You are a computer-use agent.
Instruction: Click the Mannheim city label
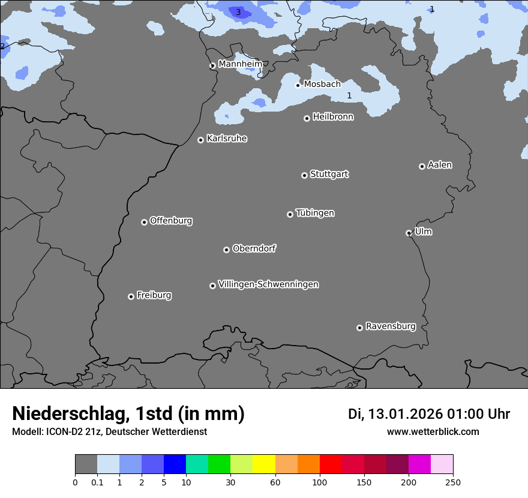pyautogui.click(x=240, y=64)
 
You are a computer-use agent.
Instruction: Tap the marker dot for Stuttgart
pyautogui.click(x=304, y=175)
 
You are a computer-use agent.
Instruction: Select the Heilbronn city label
pyautogui.click(x=333, y=116)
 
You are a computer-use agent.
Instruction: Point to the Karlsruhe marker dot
pyautogui.click(x=200, y=140)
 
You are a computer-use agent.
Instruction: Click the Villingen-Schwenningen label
pyautogui.click(x=268, y=284)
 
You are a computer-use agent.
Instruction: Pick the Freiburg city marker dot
pyautogui.click(x=131, y=296)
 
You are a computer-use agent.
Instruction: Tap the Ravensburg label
pyautogui.click(x=391, y=326)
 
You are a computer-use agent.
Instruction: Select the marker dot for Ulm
pyautogui.click(x=409, y=233)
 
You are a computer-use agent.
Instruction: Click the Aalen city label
pyautogui.click(x=440, y=164)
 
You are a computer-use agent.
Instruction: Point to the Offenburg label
pyautogui.click(x=171, y=220)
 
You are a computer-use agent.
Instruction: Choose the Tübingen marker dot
pyautogui.click(x=290, y=214)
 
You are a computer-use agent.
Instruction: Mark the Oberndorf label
pyautogui.click(x=254, y=248)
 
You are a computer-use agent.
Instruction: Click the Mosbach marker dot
pyautogui.click(x=298, y=85)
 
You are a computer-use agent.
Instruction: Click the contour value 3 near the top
pyautogui.click(x=238, y=12)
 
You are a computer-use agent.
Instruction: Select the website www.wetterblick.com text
pyautogui.click(x=433, y=431)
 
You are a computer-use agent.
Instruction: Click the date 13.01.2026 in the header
pyautogui.click(x=405, y=414)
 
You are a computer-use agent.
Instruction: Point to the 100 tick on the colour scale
pyautogui.click(x=320, y=482)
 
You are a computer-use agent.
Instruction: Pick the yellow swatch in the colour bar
pyautogui.click(x=264, y=464)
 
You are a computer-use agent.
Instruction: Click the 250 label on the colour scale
pyautogui.click(x=453, y=482)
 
